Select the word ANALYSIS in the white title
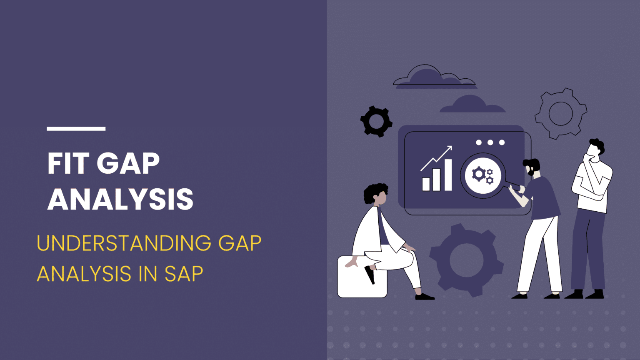click(x=120, y=199)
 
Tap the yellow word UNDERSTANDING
click(x=124, y=243)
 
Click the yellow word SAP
click(x=184, y=274)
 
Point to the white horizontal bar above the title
click(x=76, y=129)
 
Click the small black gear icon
click(x=376, y=121)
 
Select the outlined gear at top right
click(x=560, y=113)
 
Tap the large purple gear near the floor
click(x=466, y=260)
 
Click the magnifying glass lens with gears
click(x=483, y=175)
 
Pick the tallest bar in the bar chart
click(x=448, y=175)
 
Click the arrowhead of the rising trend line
click(x=449, y=148)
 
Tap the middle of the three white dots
click(x=490, y=142)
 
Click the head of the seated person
click(x=377, y=194)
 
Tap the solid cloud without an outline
click(x=472, y=105)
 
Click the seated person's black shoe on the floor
click(x=424, y=296)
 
